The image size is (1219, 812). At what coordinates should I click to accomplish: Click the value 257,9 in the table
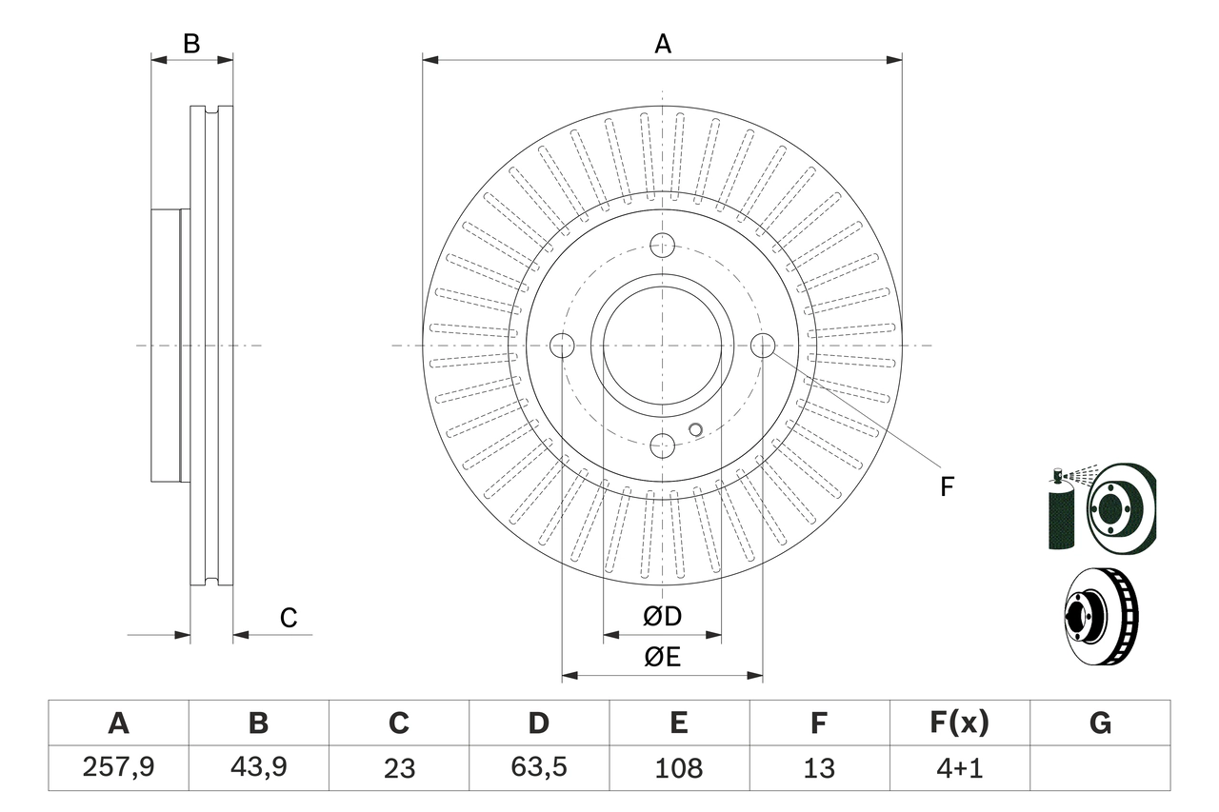[118, 767]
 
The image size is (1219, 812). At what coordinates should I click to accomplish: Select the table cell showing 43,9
[258, 767]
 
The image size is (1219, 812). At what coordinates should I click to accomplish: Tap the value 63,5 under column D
[538, 767]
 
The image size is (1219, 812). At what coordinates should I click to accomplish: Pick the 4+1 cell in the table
[959, 767]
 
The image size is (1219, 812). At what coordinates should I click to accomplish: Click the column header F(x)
[959, 723]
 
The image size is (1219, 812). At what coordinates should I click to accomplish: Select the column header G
[1100, 723]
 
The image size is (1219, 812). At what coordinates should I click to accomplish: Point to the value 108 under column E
[678, 767]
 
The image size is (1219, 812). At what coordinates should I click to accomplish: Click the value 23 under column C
[398, 767]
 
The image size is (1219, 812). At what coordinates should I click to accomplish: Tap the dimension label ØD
[663, 617]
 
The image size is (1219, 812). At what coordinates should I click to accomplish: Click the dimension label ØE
[663, 658]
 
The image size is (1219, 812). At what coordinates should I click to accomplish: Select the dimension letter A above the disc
[663, 44]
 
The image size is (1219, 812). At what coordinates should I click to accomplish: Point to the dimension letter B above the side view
[191, 44]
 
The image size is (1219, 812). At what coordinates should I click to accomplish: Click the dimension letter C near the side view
[289, 618]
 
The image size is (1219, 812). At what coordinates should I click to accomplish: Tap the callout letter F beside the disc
[946, 486]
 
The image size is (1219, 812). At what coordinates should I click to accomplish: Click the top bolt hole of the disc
[663, 245]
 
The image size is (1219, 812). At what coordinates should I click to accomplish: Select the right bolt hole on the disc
[763, 345]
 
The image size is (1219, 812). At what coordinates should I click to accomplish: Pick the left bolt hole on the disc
[563, 345]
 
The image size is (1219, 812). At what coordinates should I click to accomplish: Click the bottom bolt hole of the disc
[663, 445]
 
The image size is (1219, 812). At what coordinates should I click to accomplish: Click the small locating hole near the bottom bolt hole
[695, 429]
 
